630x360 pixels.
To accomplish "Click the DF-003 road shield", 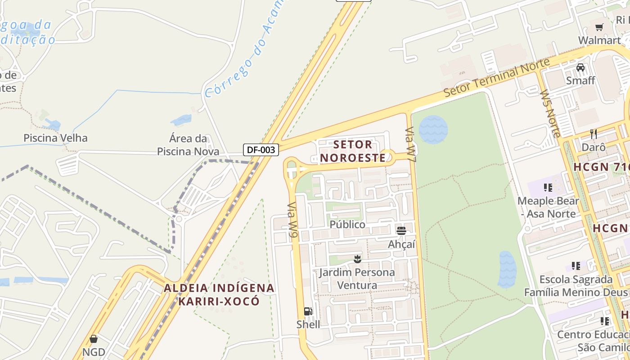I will pyautogui.click(x=261, y=150).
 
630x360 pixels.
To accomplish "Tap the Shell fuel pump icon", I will pyautogui.click(x=308, y=311).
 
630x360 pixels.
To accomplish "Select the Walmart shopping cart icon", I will pyautogui.click(x=599, y=27).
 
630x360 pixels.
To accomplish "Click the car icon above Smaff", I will pyautogui.click(x=580, y=67).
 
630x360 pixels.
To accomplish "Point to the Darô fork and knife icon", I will pyautogui.click(x=594, y=134).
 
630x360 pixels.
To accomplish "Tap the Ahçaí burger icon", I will pyautogui.click(x=401, y=231).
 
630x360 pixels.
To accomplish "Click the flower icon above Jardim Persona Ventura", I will pyautogui.click(x=357, y=259).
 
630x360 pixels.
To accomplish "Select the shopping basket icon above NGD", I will pyautogui.click(x=94, y=339).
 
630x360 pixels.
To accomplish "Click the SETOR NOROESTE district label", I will pyautogui.click(x=353, y=151).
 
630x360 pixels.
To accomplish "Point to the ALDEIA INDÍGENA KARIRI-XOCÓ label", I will pyautogui.click(x=219, y=294).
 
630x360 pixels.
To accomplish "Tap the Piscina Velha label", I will pyautogui.click(x=55, y=138).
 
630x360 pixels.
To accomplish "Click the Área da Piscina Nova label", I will pyautogui.click(x=188, y=145).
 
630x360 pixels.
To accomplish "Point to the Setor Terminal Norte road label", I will pyautogui.click(x=496, y=77).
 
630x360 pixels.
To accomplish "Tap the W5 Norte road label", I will pyautogui.click(x=550, y=113).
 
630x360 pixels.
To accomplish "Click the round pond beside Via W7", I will pyautogui.click(x=433, y=130).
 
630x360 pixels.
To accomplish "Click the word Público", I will pyautogui.click(x=347, y=224).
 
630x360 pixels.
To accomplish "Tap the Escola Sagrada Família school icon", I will pyautogui.click(x=576, y=266).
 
